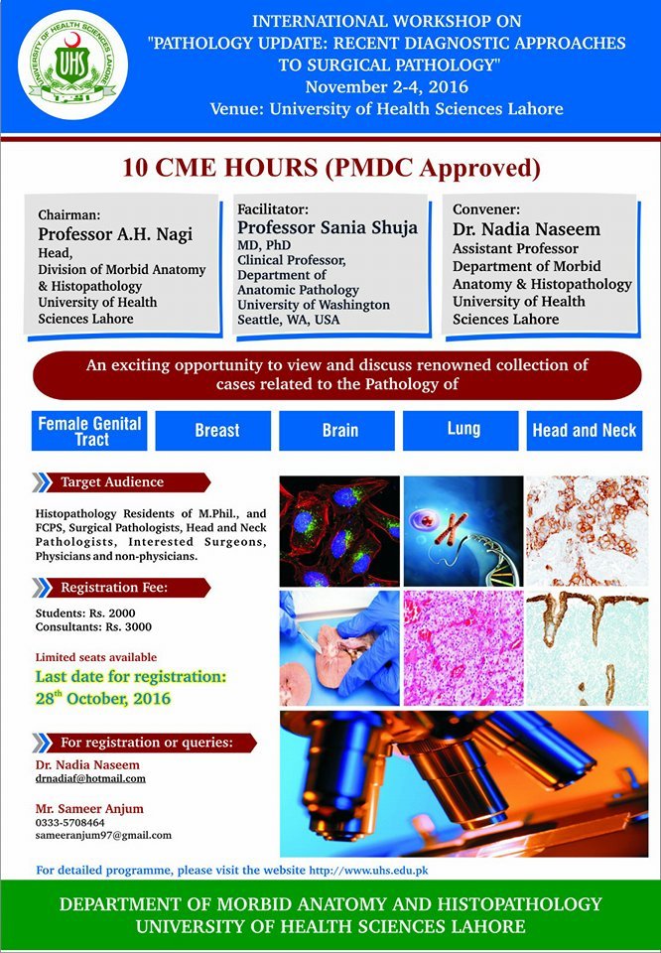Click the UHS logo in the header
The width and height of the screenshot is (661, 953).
(72, 66)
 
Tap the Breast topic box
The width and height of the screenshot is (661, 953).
(213, 430)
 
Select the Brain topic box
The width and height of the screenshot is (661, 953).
(336, 430)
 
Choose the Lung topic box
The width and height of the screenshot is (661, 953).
(461, 430)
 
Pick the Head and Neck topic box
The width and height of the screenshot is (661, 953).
(585, 430)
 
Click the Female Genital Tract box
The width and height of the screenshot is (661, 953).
(89, 430)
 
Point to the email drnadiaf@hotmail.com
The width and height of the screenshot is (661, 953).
(90, 778)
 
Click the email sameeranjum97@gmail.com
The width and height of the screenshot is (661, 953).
(103, 835)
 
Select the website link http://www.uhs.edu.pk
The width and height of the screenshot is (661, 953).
(369, 871)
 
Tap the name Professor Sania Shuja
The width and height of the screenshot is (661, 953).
(328, 228)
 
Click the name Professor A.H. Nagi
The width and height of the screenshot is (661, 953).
(115, 234)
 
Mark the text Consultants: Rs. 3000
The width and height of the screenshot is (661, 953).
(93, 626)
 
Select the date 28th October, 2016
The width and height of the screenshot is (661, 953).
(103, 697)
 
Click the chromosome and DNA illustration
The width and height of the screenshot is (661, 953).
(463, 531)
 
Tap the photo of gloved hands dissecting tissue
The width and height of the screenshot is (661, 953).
(339, 648)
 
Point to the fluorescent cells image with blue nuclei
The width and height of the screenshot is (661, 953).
(339, 531)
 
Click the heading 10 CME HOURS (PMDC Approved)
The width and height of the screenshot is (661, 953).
(331, 168)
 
